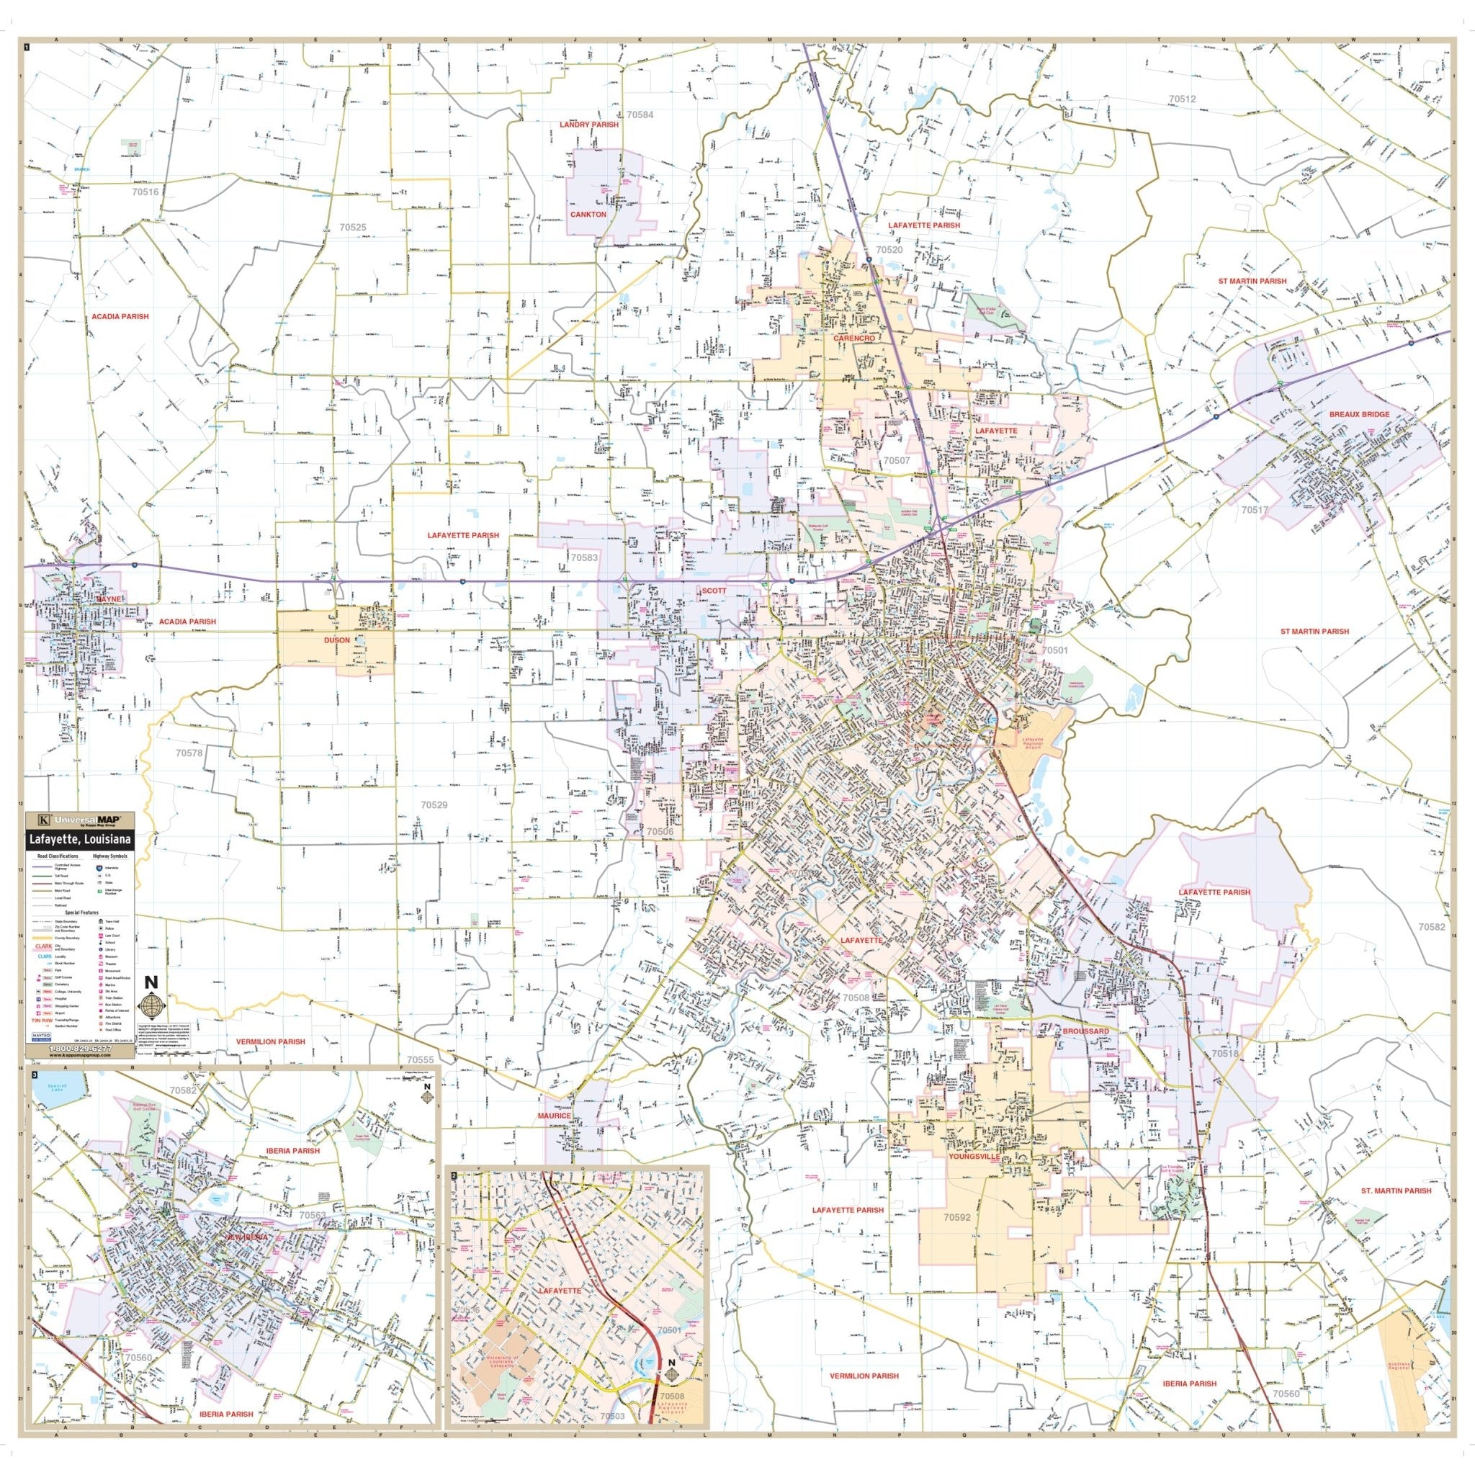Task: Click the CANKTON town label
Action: (x=588, y=215)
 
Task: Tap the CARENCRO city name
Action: (x=853, y=338)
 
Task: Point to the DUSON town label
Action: (x=336, y=641)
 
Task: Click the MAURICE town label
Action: (x=554, y=1116)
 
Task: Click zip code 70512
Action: (x=1182, y=99)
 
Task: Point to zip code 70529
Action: (x=434, y=804)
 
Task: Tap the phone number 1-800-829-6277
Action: (x=79, y=1049)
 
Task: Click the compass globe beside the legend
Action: (x=151, y=1003)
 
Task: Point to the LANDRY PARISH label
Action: (x=588, y=125)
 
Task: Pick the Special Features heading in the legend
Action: (x=80, y=912)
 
